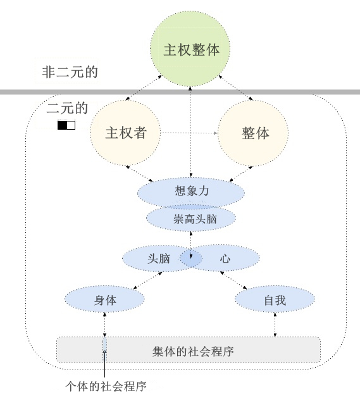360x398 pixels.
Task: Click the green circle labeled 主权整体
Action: [190, 49]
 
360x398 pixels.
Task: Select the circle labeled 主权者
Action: [125, 133]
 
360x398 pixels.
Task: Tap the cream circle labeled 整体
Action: [253, 133]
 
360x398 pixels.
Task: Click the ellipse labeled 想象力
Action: [191, 192]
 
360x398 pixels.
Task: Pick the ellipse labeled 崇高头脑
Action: [191, 218]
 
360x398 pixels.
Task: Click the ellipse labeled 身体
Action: [104, 299]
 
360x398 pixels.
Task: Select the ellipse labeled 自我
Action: [275, 299]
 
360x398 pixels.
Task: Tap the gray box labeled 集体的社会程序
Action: [189, 350]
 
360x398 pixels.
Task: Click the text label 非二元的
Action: [70, 72]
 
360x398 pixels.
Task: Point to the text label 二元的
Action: [67, 108]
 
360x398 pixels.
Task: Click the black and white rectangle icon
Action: [66, 125]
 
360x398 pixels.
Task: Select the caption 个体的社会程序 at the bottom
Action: [106, 387]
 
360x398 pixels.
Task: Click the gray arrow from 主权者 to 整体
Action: [189, 133]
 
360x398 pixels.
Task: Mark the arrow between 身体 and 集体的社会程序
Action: [104, 325]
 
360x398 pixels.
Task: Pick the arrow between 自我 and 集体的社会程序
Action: [275, 325]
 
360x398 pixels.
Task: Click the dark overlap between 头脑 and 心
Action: [191, 258]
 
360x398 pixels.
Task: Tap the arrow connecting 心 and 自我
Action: [233, 280]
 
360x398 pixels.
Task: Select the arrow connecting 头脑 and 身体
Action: [148, 280]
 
